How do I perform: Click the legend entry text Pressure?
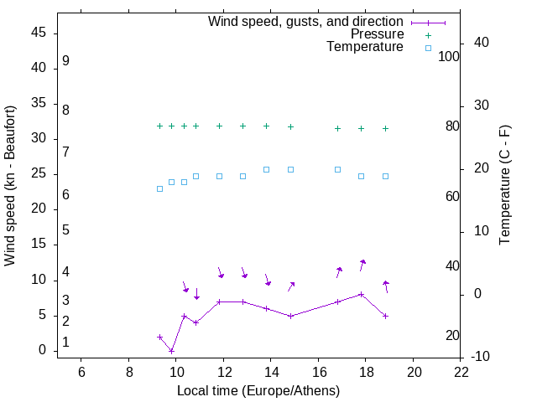pos(377,34)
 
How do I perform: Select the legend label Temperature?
pos(365,47)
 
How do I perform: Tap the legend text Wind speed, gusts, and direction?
pos(306,22)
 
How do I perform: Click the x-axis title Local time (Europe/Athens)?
pos(258,390)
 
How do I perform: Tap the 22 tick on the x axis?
pos(461,372)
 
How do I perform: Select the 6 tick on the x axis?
pos(81,372)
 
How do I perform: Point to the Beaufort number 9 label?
pos(65,61)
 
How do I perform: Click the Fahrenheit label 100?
pos(450,57)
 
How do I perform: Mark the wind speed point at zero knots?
pos(171,351)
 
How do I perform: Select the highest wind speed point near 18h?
pos(361,294)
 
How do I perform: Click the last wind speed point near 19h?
pos(385,316)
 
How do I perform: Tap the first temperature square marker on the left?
pos(159,188)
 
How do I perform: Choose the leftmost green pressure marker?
pos(159,126)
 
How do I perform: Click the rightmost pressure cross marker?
pos(385,128)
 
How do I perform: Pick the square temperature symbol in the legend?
pos(428,48)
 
